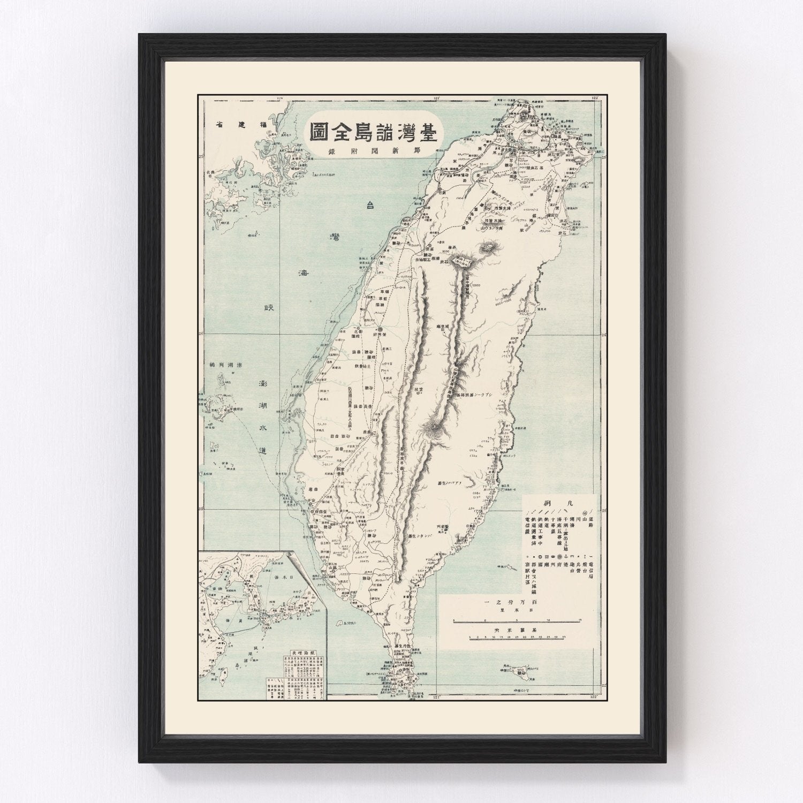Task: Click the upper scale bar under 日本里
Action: point(517,620)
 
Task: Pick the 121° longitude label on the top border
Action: point(437,98)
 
